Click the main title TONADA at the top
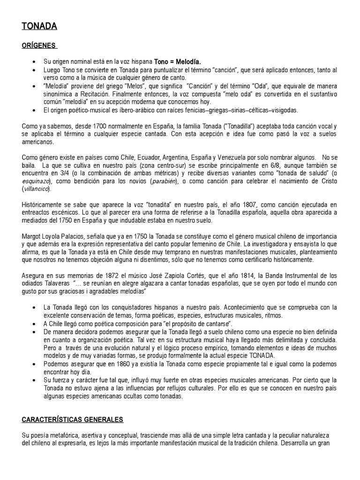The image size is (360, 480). click(39, 27)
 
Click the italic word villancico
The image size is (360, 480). click(37, 189)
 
